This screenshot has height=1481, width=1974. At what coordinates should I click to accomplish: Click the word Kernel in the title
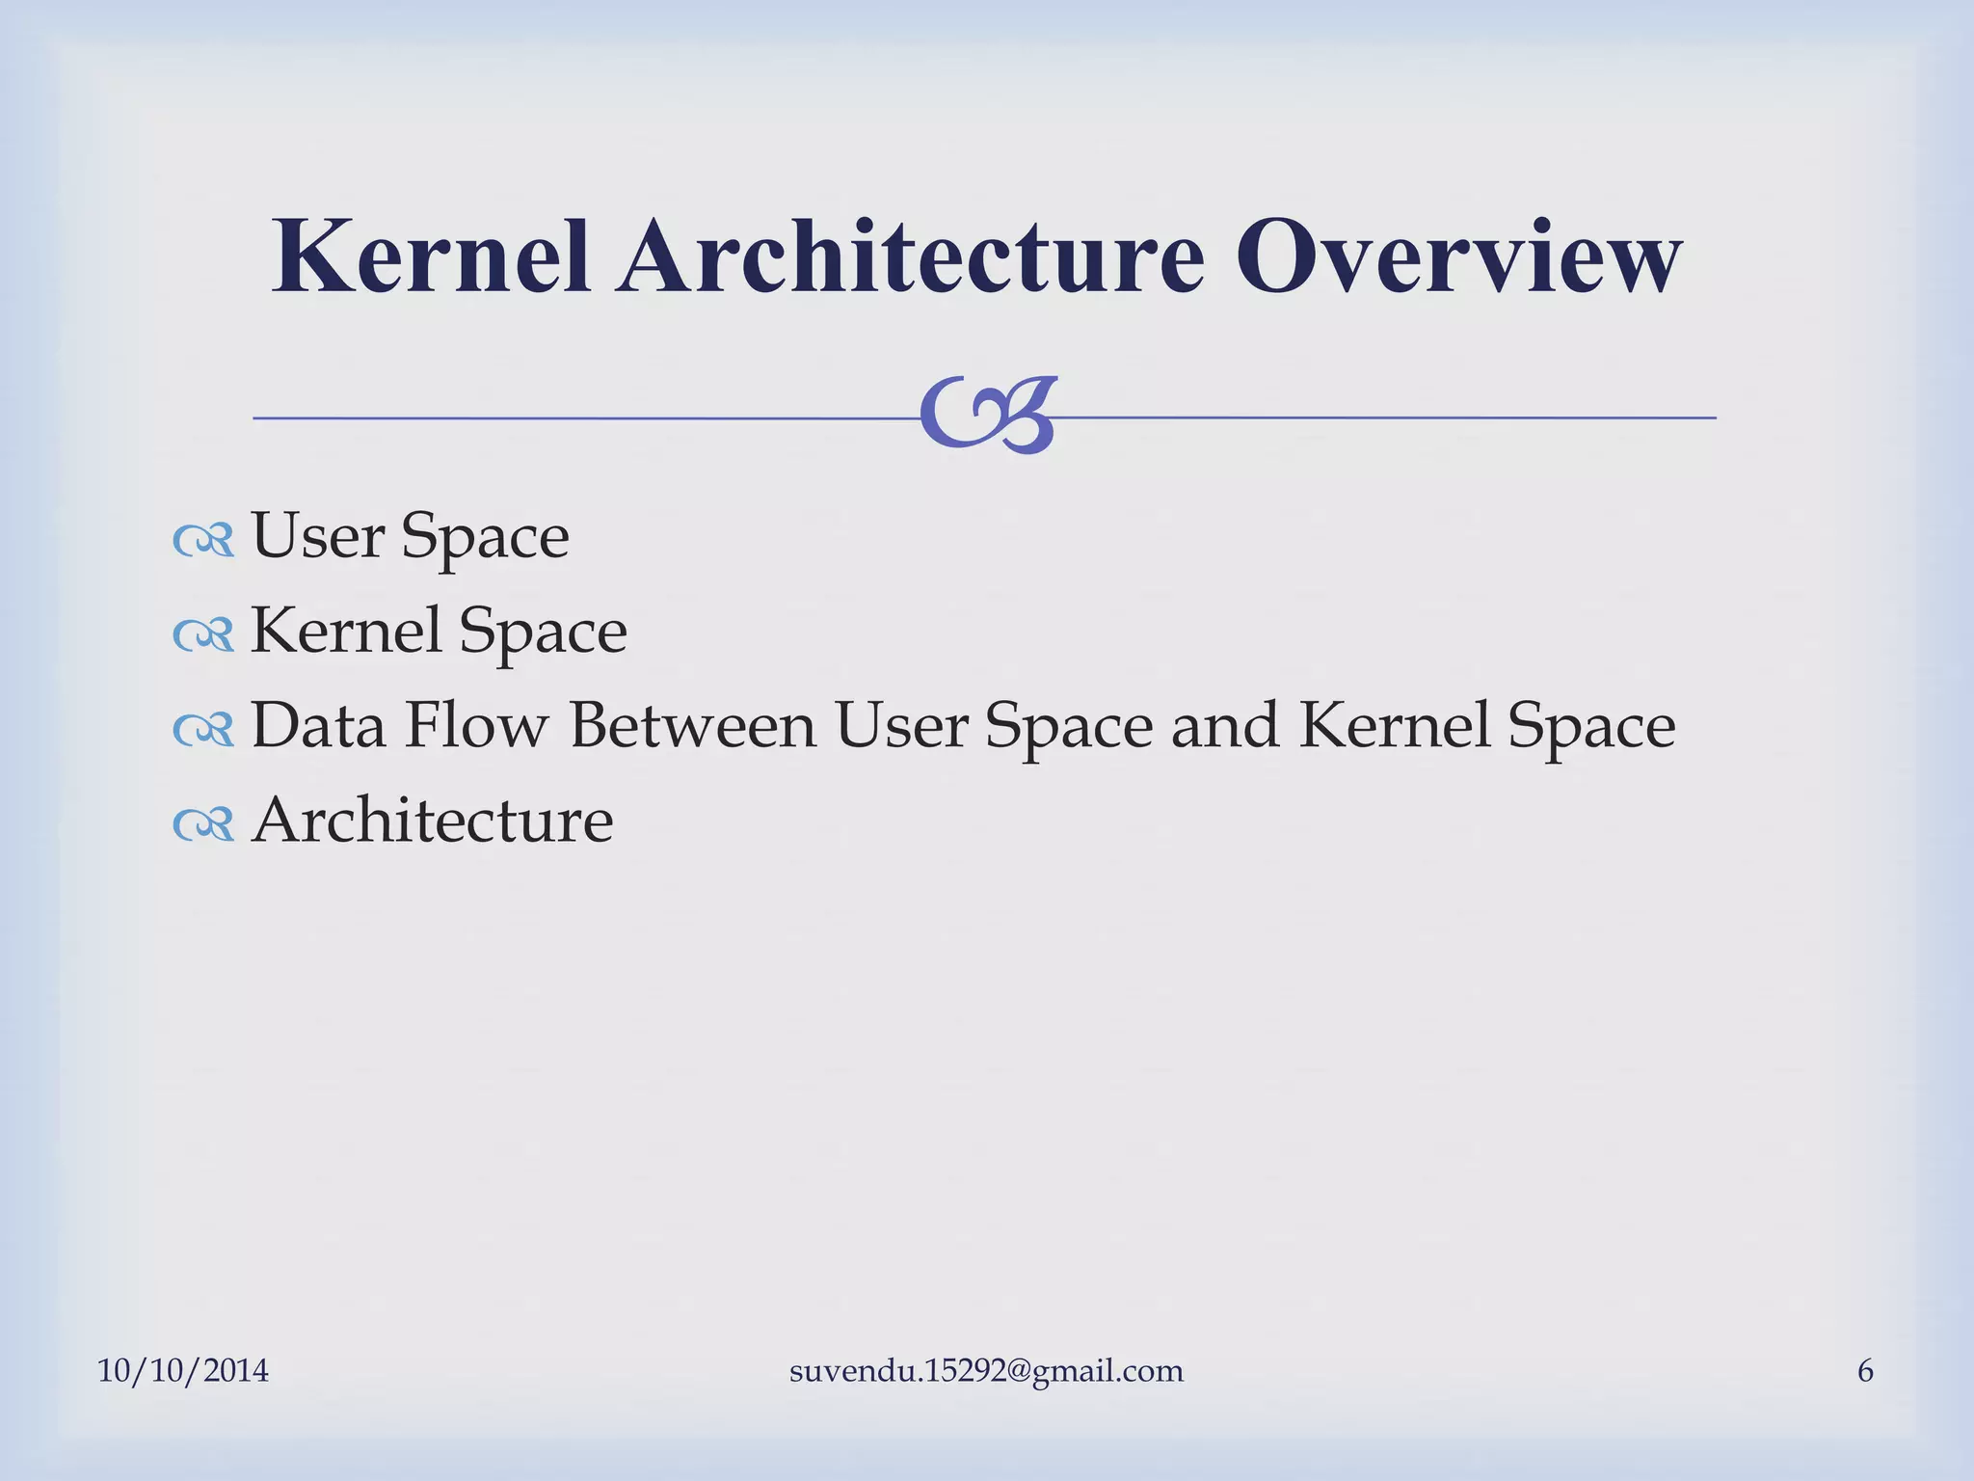click(x=431, y=256)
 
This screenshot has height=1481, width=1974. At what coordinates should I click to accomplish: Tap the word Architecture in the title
click(x=911, y=256)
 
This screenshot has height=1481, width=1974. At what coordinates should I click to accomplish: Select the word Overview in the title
click(x=1458, y=256)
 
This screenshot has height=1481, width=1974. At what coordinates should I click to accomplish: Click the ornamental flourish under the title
click(x=988, y=416)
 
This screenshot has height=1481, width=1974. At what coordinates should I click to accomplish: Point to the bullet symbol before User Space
click(x=203, y=541)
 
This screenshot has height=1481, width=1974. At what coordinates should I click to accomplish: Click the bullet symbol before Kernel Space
click(x=203, y=635)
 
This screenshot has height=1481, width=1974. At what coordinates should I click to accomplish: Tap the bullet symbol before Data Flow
click(x=203, y=730)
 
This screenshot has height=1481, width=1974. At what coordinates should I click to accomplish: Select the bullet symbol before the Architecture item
click(x=203, y=824)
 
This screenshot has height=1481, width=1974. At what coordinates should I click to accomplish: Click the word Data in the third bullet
click(x=318, y=724)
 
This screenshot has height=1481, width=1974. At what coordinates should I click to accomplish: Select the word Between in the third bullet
click(x=692, y=724)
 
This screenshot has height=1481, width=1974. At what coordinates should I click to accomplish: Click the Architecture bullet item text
click(x=432, y=820)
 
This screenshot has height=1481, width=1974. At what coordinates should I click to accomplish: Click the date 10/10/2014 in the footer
click(x=183, y=1370)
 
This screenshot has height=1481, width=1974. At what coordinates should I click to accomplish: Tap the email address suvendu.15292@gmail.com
click(x=986, y=1370)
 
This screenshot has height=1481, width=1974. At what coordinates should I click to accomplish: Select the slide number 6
click(x=1865, y=1370)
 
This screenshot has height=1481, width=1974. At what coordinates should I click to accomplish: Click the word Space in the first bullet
click(x=485, y=537)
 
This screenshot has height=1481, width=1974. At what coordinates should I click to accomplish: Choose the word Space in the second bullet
click(x=543, y=632)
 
